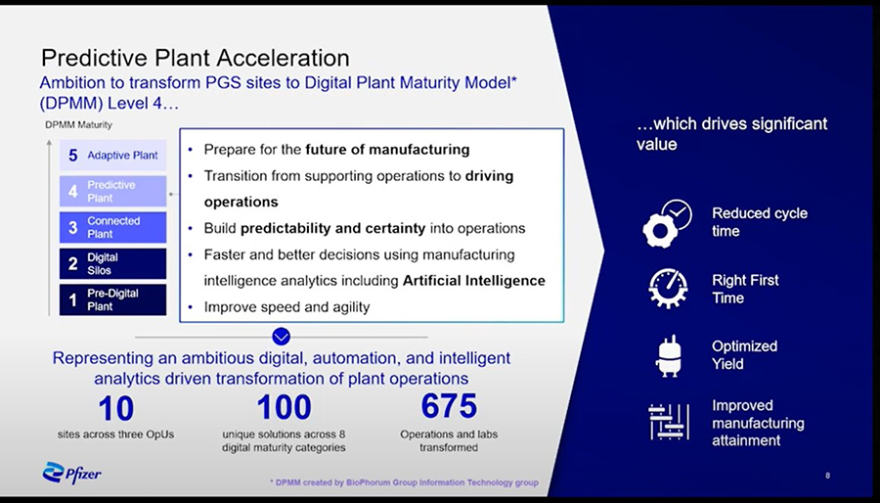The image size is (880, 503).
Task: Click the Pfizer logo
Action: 71,473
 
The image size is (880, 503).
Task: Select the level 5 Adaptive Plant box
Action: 112,155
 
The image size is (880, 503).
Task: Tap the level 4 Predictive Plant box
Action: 112,191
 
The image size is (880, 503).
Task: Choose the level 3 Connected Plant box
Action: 112,227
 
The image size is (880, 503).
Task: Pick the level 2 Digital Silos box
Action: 112,264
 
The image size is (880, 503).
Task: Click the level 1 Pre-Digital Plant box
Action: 112,299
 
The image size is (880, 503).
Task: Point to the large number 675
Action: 449,406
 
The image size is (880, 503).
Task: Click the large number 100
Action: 284,407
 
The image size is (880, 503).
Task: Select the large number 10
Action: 115,408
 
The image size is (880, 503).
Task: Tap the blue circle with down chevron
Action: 282,337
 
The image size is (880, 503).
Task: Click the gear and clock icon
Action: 667,223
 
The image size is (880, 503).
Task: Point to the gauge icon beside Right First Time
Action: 668,289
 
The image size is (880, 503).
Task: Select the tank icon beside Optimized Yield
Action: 669,356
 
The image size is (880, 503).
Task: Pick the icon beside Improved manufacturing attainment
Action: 669,422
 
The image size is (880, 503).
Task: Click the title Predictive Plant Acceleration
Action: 196,58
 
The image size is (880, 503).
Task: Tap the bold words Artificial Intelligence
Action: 474,280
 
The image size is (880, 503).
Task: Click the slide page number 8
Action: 828,476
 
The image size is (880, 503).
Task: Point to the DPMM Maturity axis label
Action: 78,125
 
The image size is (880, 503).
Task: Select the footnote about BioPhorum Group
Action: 404,482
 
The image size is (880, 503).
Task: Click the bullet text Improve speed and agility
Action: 286,307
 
